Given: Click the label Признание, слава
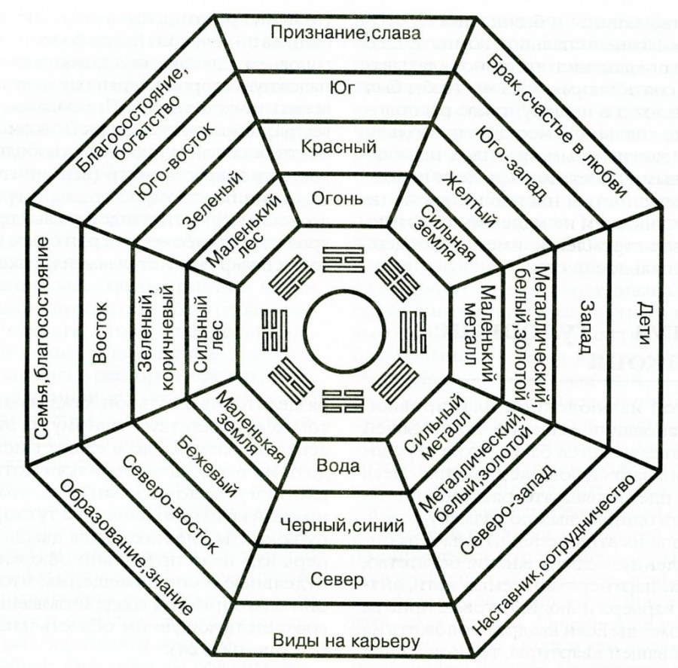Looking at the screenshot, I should pyautogui.click(x=346, y=33).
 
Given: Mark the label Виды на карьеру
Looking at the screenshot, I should pyautogui.click(x=344, y=642).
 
